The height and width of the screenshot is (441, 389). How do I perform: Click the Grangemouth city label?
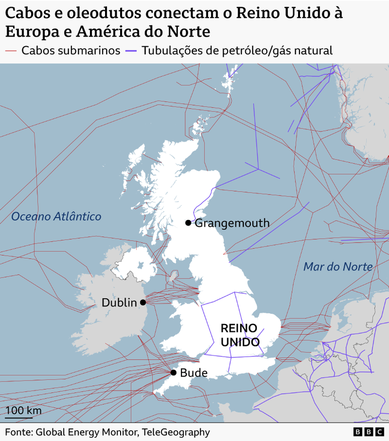pos(232,223)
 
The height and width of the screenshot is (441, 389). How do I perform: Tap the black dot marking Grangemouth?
pos(188,223)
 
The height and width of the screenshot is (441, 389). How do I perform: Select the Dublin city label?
pos(119,302)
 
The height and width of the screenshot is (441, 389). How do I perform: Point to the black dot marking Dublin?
pos(143,302)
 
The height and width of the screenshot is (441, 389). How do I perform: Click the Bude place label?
pos(193,373)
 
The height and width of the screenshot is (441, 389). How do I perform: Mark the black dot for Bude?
pos(173,373)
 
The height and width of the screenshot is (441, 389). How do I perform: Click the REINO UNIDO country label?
pos(240,335)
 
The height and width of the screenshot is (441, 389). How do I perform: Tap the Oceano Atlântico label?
pos(56,216)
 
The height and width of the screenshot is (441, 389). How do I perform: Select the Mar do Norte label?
pos(338,267)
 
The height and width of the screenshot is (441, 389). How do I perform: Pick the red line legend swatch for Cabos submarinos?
pos(11,51)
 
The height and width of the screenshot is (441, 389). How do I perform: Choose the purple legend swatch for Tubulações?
pos(132,51)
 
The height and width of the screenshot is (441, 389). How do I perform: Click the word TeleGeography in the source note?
pos(175,432)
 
